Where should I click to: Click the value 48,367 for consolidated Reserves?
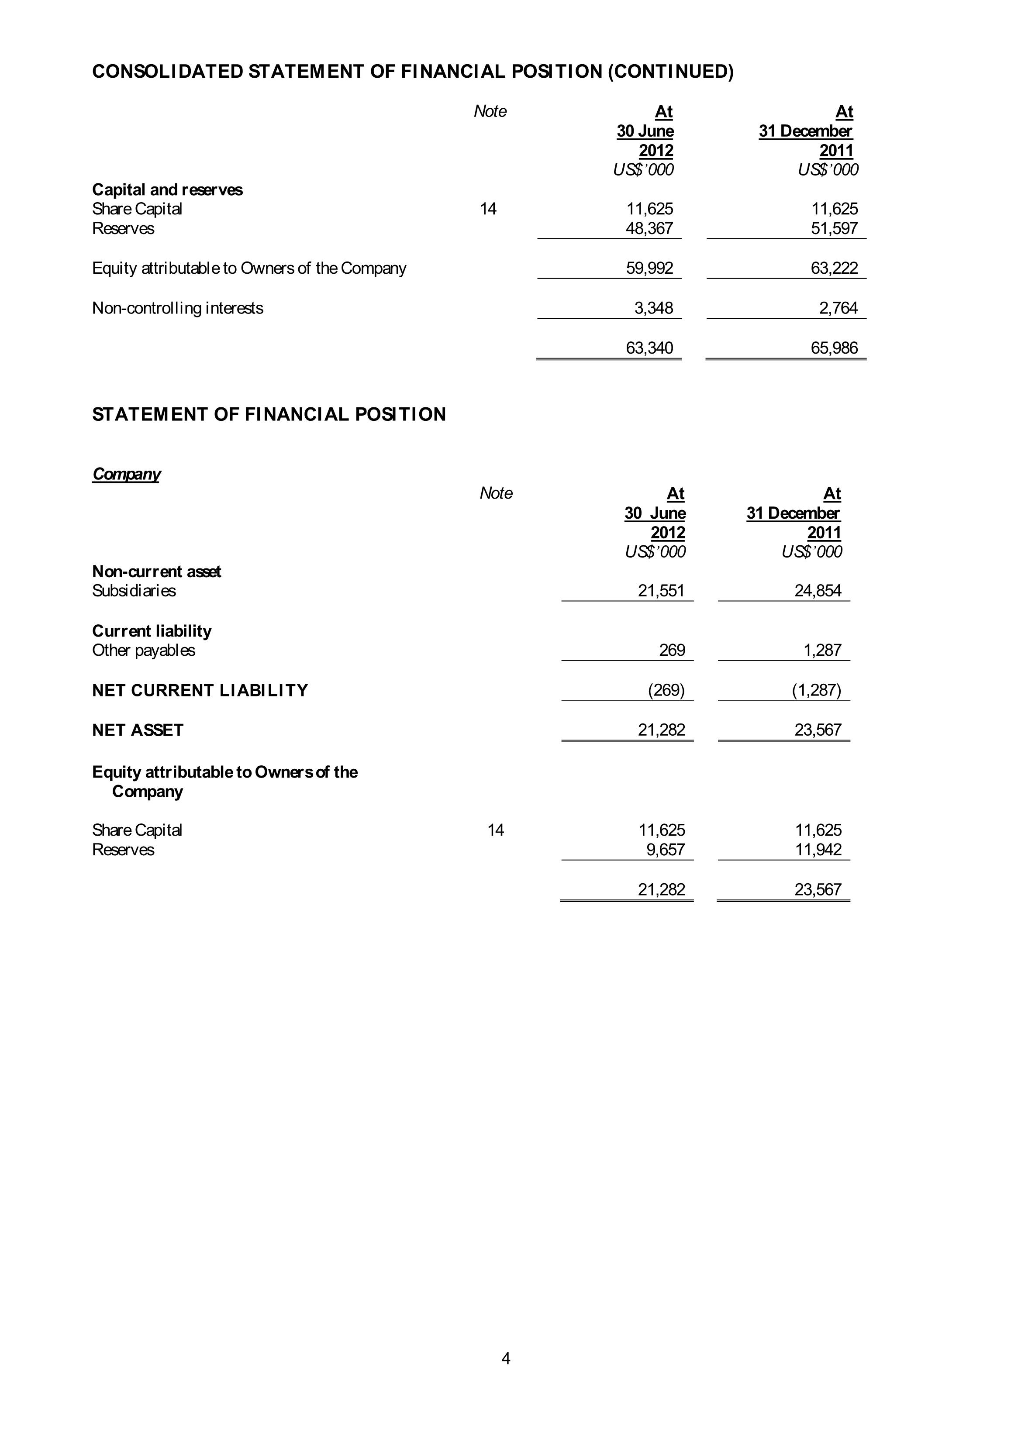649,228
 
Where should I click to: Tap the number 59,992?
649,268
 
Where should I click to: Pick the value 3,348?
654,308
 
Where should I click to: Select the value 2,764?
838,308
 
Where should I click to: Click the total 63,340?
649,348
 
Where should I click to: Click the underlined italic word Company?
126,474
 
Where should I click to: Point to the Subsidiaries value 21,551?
661,591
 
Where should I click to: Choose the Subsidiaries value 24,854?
818,591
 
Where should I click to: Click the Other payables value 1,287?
822,651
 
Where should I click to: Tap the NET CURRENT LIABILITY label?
200,690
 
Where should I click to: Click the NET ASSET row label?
138,730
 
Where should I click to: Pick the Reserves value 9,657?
666,850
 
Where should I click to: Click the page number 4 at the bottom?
506,1358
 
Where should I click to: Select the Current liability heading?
152,631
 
